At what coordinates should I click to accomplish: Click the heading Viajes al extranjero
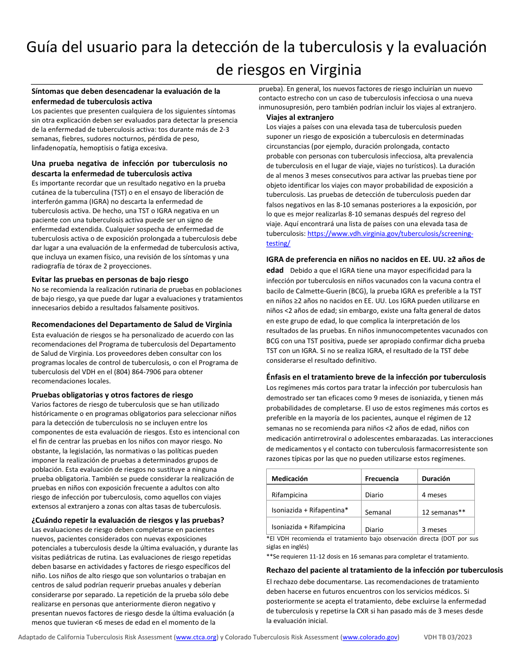tap(300, 117)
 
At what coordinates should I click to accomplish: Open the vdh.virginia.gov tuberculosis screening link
tap(390, 234)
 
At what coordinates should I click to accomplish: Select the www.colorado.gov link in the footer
tap(370, 637)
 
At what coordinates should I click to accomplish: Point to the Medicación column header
tap(289, 478)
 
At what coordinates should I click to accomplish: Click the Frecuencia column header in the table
tap(382, 478)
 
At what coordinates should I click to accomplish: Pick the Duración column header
tap(436, 478)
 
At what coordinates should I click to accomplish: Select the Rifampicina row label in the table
tap(289, 495)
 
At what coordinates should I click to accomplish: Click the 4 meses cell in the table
tap(434, 495)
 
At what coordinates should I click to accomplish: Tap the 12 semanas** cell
tap(443, 512)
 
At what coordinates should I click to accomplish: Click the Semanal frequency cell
tap(378, 512)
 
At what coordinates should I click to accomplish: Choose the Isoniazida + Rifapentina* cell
tap(310, 510)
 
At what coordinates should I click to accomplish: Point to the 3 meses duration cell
tap(434, 529)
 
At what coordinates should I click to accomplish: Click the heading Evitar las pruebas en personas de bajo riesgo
tap(110, 279)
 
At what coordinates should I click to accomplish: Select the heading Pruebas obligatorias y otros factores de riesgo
tap(112, 395)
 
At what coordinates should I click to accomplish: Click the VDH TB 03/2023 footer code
tap(448, 637)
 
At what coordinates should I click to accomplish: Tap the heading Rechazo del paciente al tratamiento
tap(384, 570)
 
